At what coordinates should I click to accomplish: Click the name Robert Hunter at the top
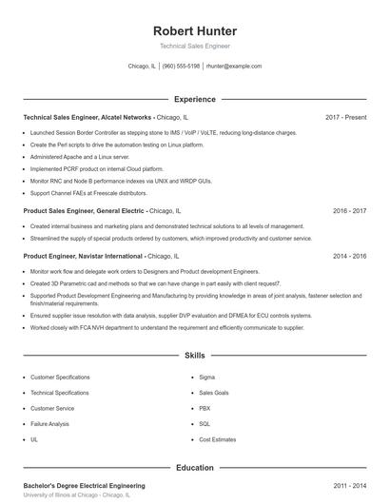pos(195,30)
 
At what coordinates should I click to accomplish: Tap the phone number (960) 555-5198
pos(181,67)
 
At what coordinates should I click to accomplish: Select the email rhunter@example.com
pos(234,67)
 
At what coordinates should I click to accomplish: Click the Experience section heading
pos(195,99)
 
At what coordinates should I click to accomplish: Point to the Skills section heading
pos(195,356)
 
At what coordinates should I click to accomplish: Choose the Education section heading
pos(195,468)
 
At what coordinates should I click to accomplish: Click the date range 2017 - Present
pos(345,117)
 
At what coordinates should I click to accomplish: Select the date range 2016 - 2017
pos(349,210)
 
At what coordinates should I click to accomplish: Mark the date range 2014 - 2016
pos(349,256)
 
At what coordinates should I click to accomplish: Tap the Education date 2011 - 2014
pos(349,485)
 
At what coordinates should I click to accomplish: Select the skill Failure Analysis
pos(49,424)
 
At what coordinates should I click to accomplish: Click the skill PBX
pos(205,408)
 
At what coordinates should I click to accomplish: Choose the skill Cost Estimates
pos(218,439)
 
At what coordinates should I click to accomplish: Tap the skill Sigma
pos(207,378)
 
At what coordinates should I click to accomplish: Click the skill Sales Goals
pos(214,393)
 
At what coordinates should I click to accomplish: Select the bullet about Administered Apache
pos(80,156)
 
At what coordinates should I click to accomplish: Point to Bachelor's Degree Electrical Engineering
pos(84,485)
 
